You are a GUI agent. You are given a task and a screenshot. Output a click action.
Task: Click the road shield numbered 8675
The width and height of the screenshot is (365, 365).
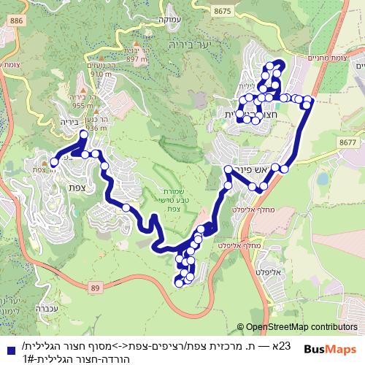tap(223, 10)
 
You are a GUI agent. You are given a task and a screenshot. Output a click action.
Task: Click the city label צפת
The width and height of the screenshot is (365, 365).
tap(78, 187)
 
